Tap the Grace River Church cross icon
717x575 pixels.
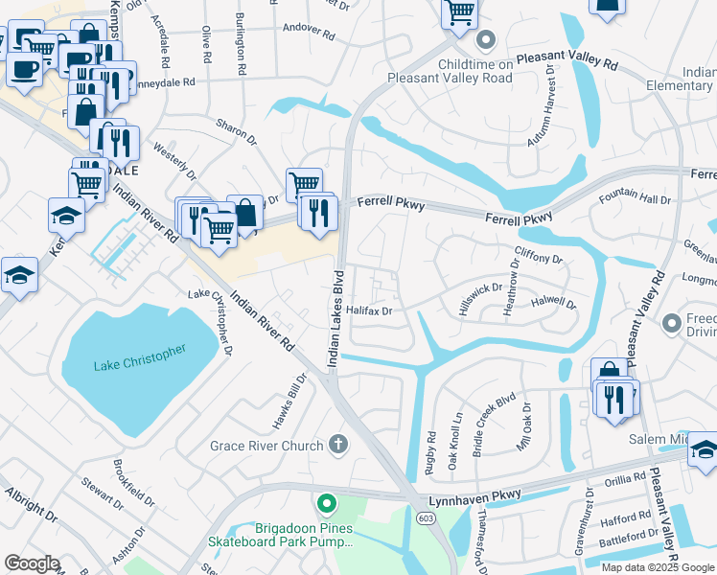coord(336,444)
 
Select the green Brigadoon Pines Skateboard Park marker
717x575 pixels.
coord(326,502)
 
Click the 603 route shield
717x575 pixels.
coord(424,517)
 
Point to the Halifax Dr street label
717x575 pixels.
coord(371,310)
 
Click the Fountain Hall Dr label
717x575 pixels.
coord(635,199)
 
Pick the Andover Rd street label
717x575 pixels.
coord(308,34)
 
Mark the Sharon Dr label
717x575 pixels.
coord(237,132)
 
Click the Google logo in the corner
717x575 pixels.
coord(32,563)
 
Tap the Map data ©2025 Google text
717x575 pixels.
coord(658,567)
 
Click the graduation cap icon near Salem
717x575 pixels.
coord(703,448)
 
